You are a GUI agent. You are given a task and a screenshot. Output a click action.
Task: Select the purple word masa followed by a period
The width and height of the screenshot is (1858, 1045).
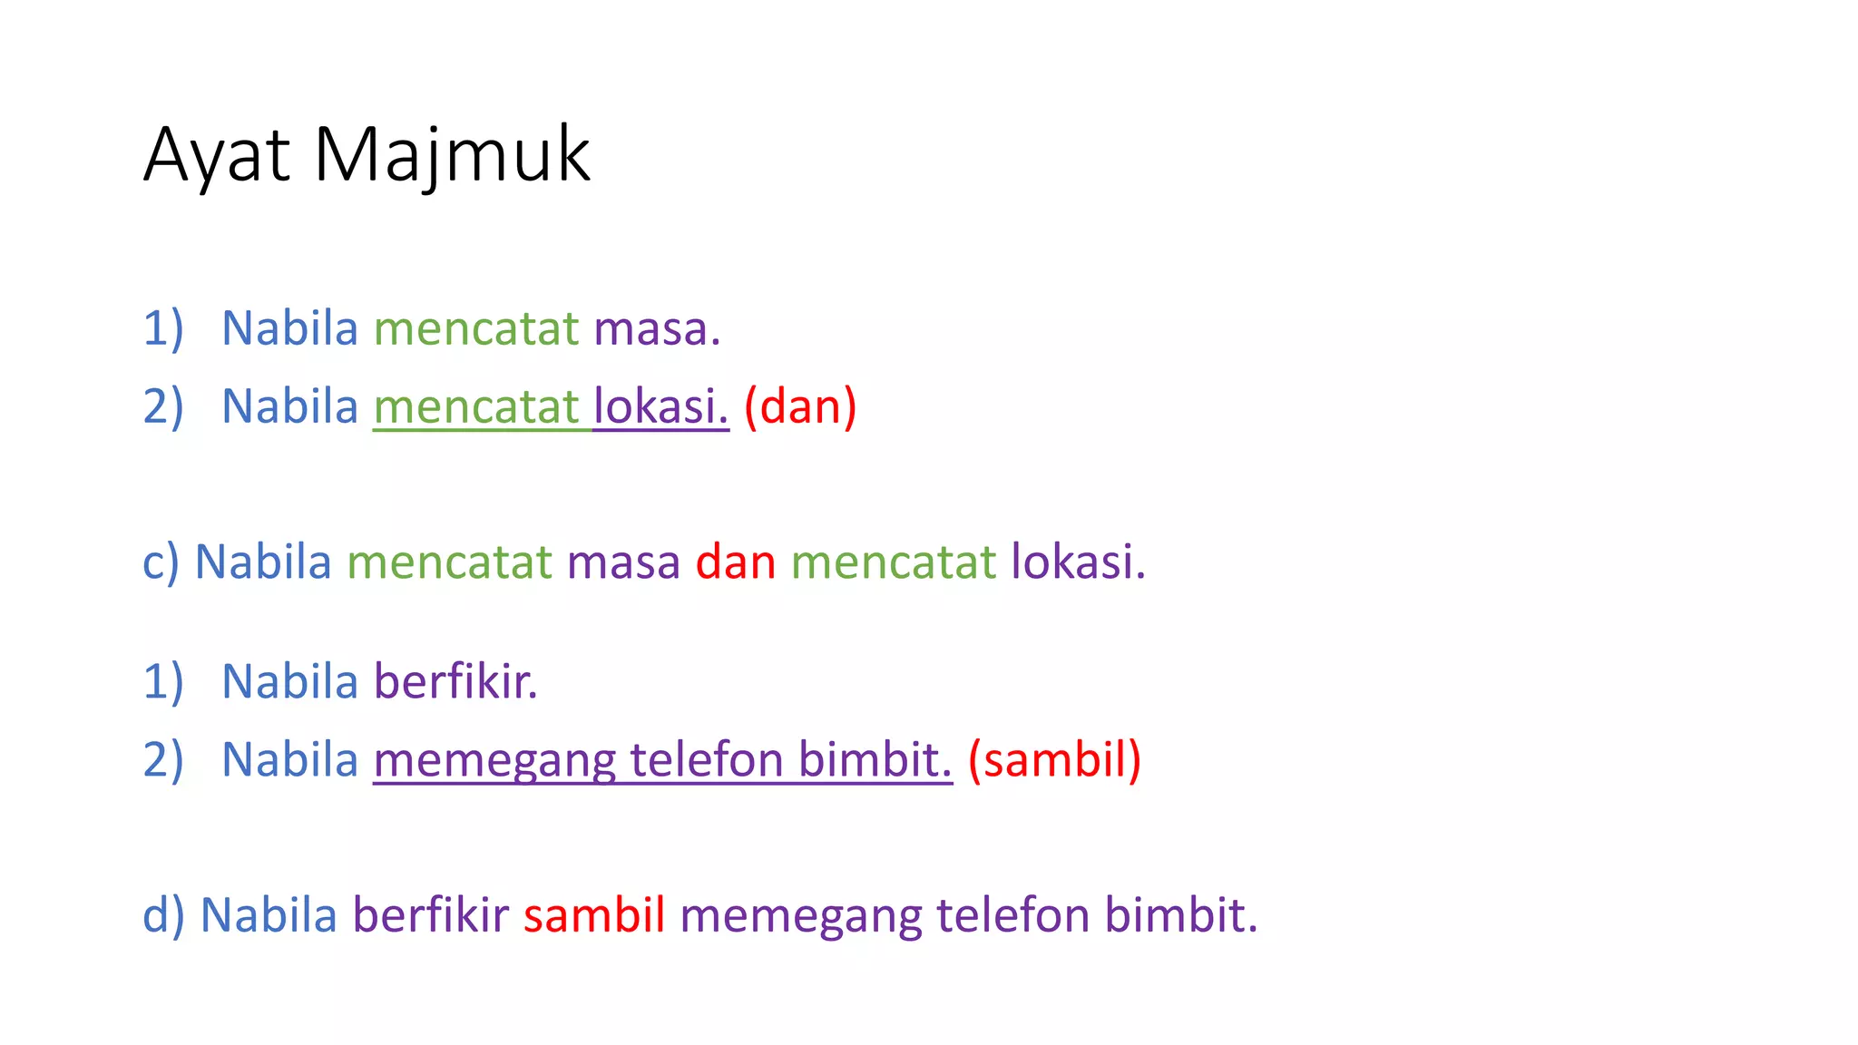coord(656,328)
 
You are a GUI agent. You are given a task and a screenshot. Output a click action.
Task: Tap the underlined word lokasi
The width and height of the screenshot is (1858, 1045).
coord(660,406)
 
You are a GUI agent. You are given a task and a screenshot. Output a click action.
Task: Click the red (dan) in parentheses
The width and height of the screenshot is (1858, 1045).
coord(800,406)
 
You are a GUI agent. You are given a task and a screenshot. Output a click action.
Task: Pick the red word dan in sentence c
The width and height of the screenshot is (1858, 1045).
coord(736,562)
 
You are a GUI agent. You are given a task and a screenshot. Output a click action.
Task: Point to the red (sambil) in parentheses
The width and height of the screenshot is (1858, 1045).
coord(1054,759)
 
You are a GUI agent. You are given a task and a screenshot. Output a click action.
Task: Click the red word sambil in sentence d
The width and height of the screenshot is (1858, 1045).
coord(594,914)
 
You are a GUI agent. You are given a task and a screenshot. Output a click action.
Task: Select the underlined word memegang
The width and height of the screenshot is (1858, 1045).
coord(494,760)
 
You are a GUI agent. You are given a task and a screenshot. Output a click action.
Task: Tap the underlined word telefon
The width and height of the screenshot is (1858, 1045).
coord(707,760)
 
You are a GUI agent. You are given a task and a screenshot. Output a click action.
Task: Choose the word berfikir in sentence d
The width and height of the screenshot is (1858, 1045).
coord(430,914)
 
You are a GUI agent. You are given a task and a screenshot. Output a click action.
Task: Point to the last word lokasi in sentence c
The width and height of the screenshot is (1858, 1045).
coord(1078,562)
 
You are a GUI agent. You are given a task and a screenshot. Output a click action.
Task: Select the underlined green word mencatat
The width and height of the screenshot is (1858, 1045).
coord(476,406)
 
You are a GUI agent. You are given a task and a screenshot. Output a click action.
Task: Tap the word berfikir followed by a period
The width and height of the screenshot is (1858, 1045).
coord(455,681)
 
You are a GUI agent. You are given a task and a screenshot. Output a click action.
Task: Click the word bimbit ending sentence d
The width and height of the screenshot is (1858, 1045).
coord(1180,914)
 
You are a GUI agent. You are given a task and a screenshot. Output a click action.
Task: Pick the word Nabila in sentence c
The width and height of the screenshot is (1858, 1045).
coord(263,562)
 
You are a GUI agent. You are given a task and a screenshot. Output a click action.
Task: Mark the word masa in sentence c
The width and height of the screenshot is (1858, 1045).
coord(623,562)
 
